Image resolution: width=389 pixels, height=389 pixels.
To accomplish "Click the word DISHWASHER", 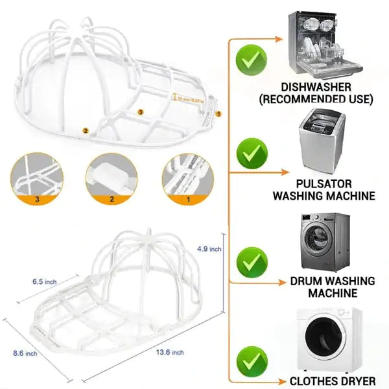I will pos(325,87).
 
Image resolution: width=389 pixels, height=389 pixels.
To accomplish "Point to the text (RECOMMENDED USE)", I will pos(325,99).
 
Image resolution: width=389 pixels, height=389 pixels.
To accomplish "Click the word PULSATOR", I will pos(324,183).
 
